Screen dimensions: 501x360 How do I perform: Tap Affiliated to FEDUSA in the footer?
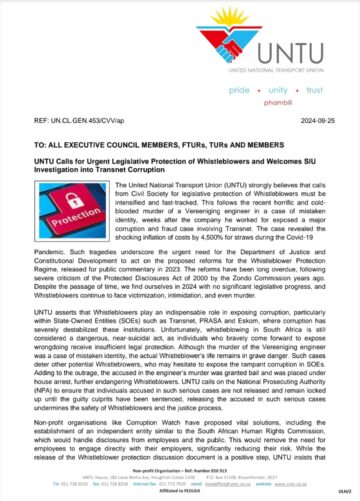180,497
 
